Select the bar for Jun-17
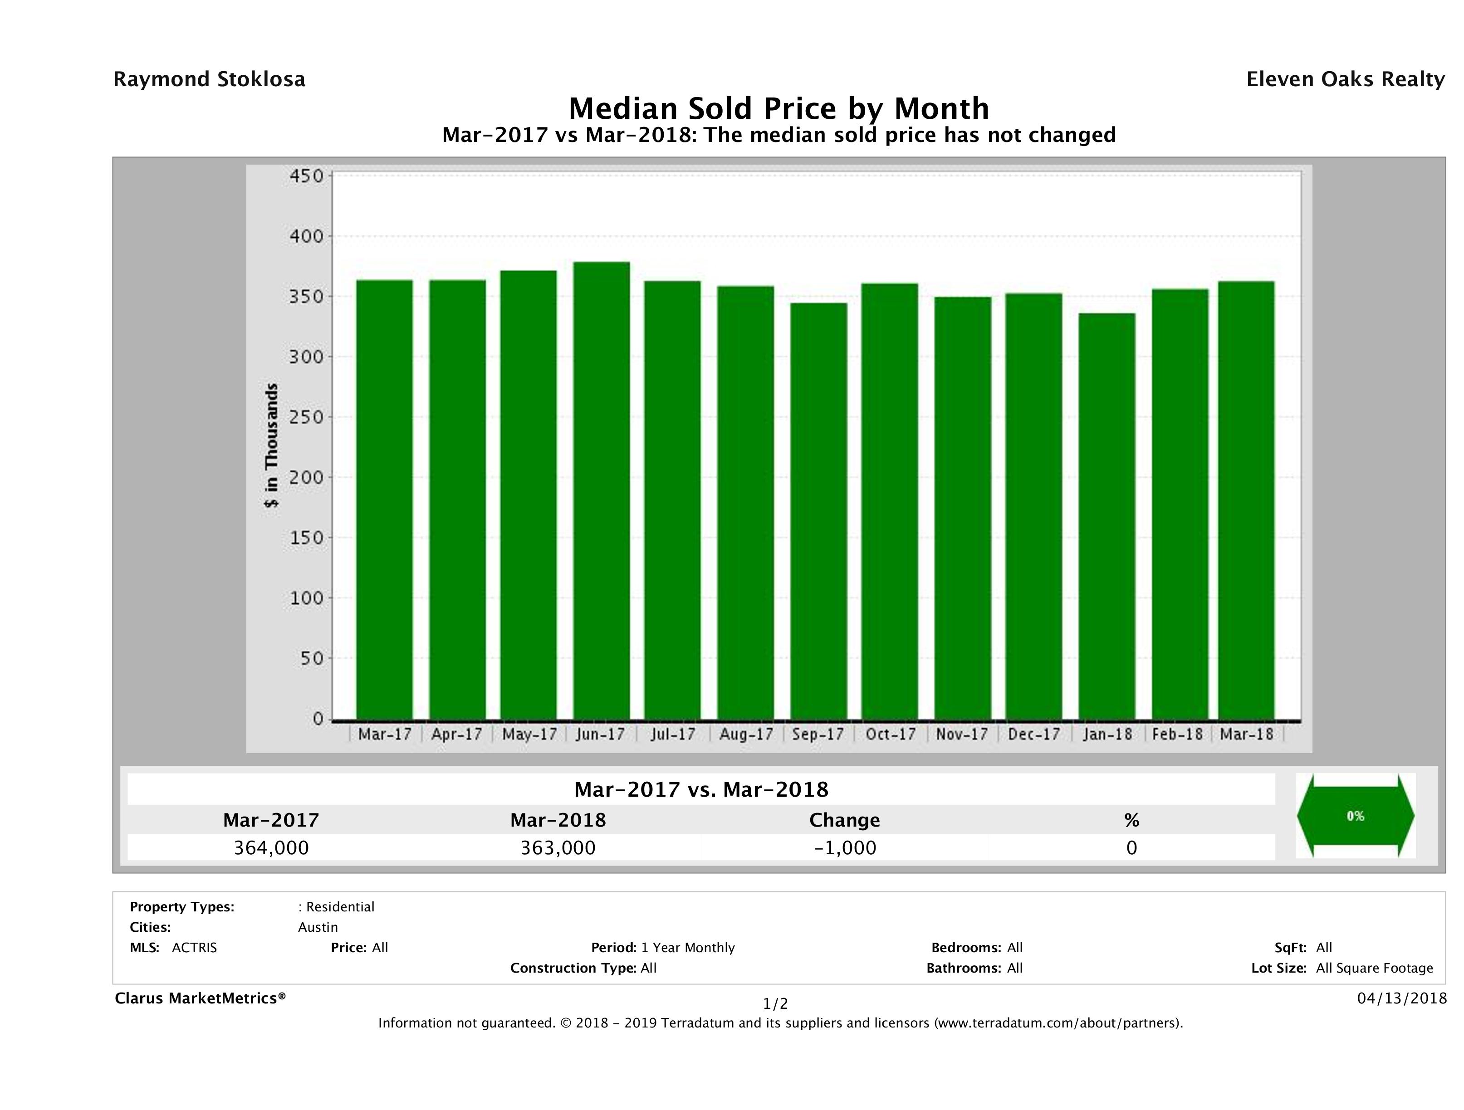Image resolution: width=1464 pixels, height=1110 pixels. (602, 490)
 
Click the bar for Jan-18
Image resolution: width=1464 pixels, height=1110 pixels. (1107, 516)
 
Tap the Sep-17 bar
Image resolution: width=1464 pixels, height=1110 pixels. (819, 511)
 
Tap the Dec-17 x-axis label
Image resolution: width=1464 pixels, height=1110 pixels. (1034, 734)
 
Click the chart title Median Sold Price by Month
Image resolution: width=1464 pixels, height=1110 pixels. (779, 108)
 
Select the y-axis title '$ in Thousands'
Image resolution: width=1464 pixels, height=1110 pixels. (271, 445)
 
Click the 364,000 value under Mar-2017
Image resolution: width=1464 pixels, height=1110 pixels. (271, 848)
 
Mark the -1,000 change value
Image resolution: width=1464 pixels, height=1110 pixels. (845, 848)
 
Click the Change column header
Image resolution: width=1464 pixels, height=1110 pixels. (845, 820)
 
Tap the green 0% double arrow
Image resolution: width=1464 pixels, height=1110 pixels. (1355, 816)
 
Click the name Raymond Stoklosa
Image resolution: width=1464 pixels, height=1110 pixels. (209, 79)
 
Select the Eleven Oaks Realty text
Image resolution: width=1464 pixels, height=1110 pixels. (1345, 79)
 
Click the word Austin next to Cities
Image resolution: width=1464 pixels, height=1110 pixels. (318, 927)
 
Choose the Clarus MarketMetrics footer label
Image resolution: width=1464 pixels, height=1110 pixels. (200, 998)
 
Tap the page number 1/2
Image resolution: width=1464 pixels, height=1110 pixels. (775, 1004)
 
